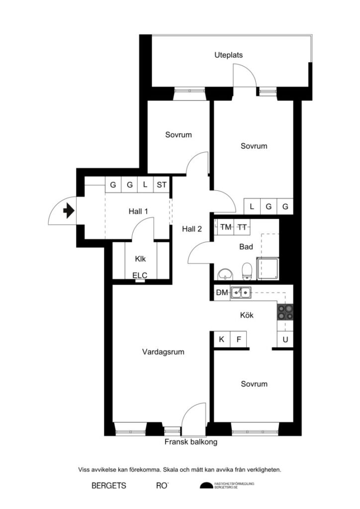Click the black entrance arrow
[68, 211]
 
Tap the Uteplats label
[228, 55]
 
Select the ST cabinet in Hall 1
[162, 185]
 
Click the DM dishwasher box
[222, 293]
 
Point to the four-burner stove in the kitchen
[285, 312]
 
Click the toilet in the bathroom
[246, 271]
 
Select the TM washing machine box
[226, 227]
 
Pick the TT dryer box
[242, 227]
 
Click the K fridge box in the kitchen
[222, 340]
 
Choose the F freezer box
[239, 340]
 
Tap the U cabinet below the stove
[285, 340]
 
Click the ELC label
[140, 275]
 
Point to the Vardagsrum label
[163, 352]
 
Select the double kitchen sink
[241, 293]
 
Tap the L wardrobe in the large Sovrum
[252, 206]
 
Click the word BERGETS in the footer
[108, 485]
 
